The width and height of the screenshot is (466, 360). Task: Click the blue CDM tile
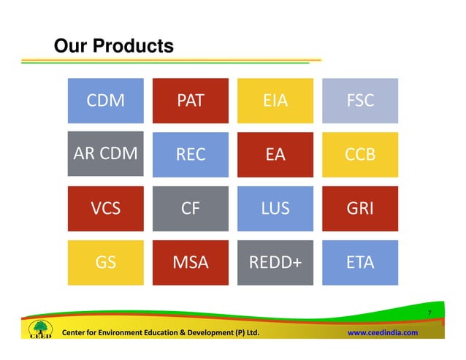point(105,101)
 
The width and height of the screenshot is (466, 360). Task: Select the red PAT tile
point(191,101)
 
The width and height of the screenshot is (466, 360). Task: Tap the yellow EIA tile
point(275,101)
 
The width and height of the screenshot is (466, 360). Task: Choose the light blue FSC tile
point(361,101)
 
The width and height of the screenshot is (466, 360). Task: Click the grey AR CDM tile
point(105,154)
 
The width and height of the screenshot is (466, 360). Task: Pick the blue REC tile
point(191,154)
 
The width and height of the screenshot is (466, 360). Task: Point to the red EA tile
point(275,154)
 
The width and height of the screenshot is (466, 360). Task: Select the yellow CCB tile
point(361,154)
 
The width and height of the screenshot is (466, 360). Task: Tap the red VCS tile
point(105,208)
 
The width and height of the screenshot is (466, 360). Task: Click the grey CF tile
point(191,208)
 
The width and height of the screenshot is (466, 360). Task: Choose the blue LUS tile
point(275,208)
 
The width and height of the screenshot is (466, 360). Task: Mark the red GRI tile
point(361,208)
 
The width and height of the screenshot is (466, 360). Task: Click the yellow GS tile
point(105,262)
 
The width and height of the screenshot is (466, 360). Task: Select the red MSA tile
point(191,262)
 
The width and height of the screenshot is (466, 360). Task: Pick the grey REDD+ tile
point(275,262)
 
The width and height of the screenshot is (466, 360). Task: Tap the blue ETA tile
point(361,262)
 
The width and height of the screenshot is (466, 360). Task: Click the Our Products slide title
point(113,47)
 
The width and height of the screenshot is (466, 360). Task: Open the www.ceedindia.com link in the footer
point(382,333)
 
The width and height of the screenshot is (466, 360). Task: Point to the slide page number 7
point(430,314)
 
